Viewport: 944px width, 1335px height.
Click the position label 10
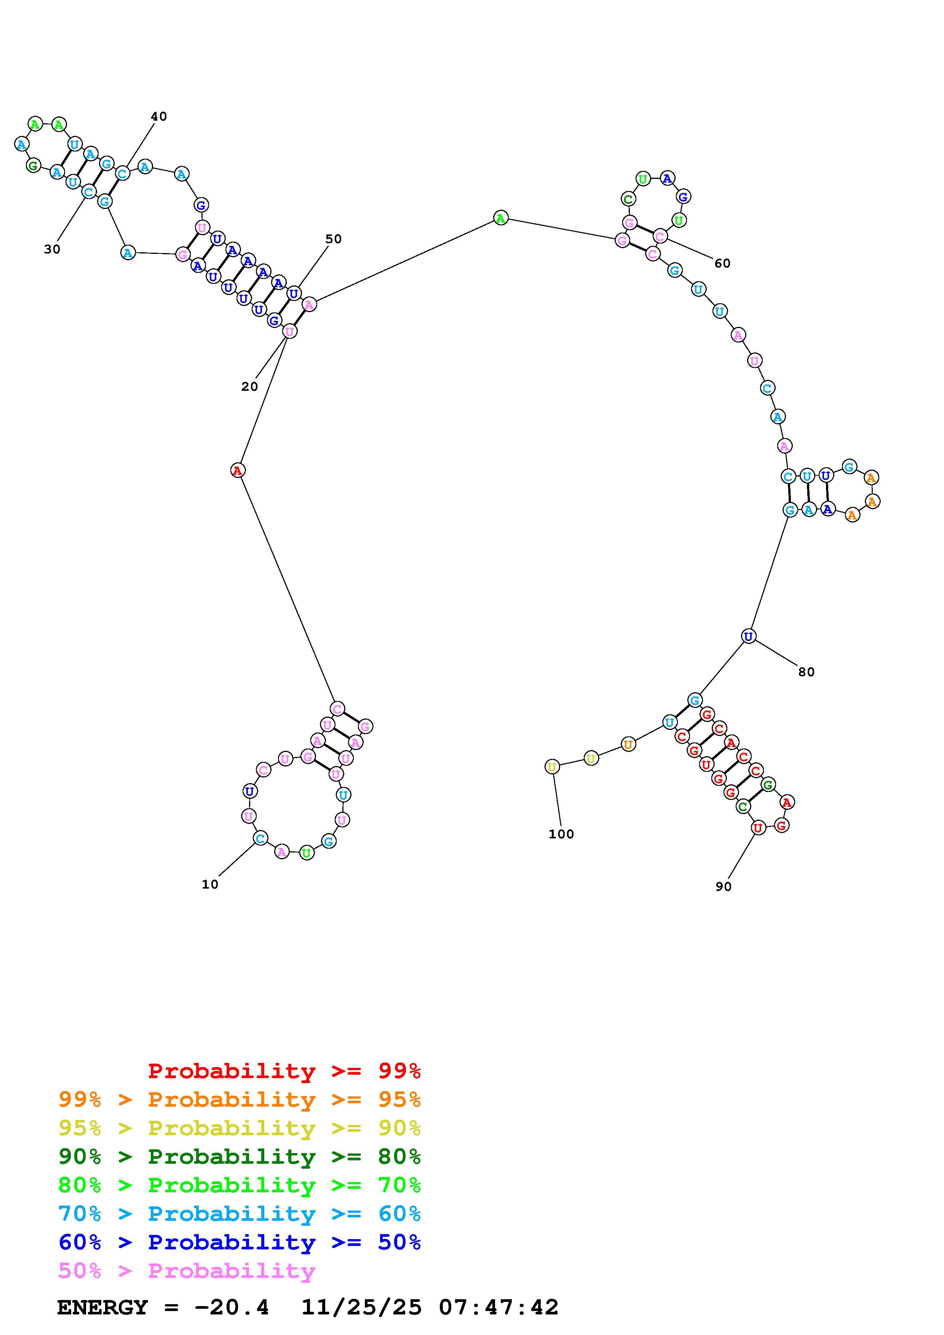(x=210, y=884)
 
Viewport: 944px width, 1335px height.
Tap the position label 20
(x=249, y=387)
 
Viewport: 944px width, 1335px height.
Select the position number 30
(x=52, y=249)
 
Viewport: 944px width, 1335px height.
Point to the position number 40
(x=159, y=116)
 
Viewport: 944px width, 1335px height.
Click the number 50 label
(x=333, y=239)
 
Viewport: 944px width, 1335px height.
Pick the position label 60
(x=722, y=263)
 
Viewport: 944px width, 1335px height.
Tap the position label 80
(x=806, y=672)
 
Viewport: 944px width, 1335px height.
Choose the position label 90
(x=724, y=887)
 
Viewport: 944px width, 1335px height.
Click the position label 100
(x=561, y=834)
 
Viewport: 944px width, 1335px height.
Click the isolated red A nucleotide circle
(x=237, y=470)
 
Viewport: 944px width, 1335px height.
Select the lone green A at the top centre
(x=500, y=218)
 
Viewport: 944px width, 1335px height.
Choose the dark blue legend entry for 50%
(x=240, y=1243)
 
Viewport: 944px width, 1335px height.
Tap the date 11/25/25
(x=361, y=1308)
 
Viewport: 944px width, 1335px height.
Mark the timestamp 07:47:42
(x=498, y=1308)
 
